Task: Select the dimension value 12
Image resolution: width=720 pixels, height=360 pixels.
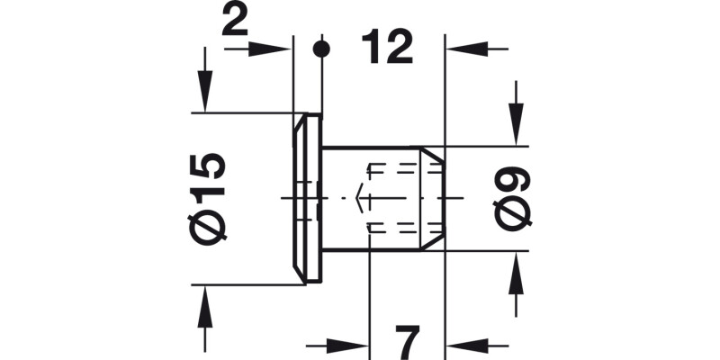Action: (x=387, y=45)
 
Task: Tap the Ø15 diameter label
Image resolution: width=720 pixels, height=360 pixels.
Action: (x=208, y=197)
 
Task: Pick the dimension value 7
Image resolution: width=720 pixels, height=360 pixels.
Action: (x=408, y=342)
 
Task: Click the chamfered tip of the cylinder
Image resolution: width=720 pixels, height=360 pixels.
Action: (x=436, y=198)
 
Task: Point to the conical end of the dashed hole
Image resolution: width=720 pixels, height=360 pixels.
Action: (x=359, y=198)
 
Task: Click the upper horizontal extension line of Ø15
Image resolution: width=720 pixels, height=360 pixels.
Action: (x=243, y=112)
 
